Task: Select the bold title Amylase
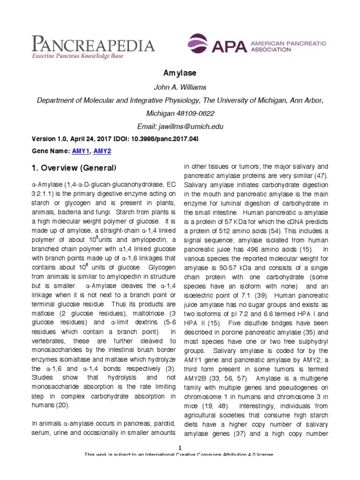(x=180, y=74)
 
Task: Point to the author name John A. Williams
(x=180, y=87)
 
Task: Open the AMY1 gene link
(x=81, y=151)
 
